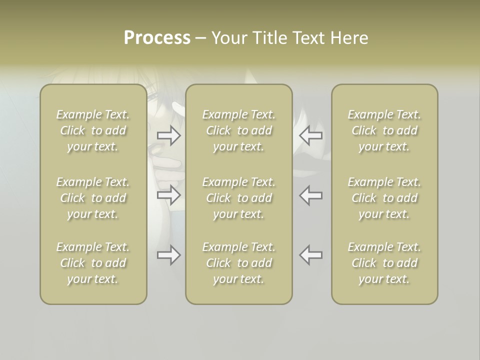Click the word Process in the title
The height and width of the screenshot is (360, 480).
tap(157, 38)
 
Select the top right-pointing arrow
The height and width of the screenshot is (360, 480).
tap(169, 135)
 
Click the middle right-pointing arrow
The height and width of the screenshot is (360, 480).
tap(169, 195)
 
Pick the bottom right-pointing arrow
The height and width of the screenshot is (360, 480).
tap(169, 255)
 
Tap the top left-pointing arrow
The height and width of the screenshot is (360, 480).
tap(311, 135)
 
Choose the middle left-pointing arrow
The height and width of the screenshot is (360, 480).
tap(311, 195)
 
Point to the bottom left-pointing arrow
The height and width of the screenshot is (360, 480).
tap(311, 255)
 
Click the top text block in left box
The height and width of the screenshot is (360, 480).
tap(93, 130)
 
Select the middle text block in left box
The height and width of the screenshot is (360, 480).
tap(93, 198)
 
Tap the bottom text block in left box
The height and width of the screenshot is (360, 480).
tap(93, 263)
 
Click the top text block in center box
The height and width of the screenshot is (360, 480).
tap(238, 130)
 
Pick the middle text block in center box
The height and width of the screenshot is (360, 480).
tap(238, 198)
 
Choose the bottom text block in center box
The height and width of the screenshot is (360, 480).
tap(238, 263)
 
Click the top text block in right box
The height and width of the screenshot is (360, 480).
tap(384, 130)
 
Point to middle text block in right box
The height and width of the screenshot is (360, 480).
tap(384, 198)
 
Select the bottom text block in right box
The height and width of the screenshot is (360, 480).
tap(384, 263)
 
